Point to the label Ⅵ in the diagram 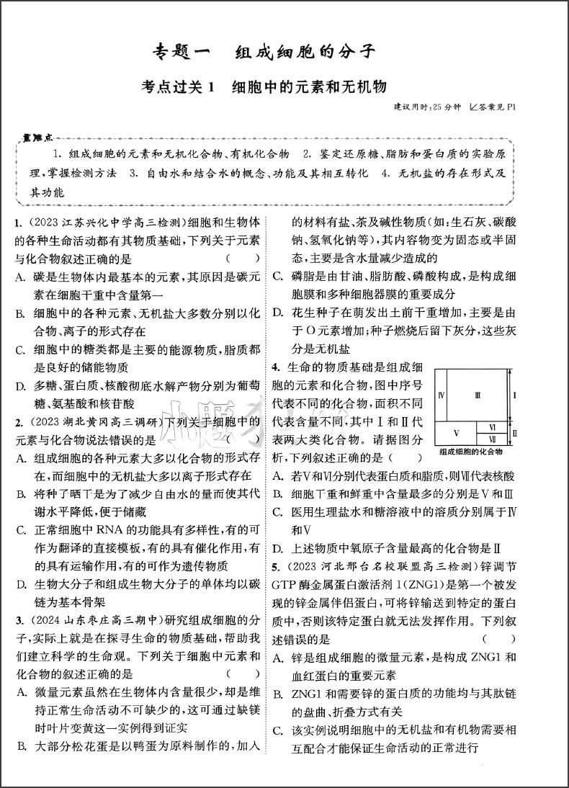(x=493, y=426)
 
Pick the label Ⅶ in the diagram (x=493, y=438)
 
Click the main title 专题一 (x=184, y=52)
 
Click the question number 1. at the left (x=18, y=223)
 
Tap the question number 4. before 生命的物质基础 (x=276, y=368)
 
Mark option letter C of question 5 (x=277, y=731)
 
